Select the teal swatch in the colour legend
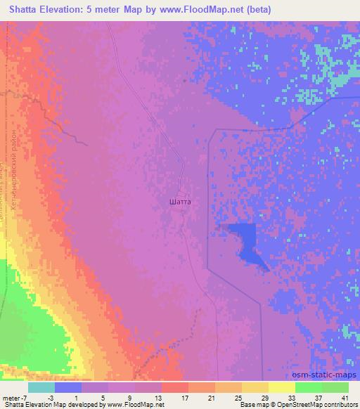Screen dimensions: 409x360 [x=41, y=388]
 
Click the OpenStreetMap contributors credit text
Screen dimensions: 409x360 [x=309, y=405]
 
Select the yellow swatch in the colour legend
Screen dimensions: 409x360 [x=282, y=388]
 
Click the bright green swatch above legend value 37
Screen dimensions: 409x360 [x=309, y=388]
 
